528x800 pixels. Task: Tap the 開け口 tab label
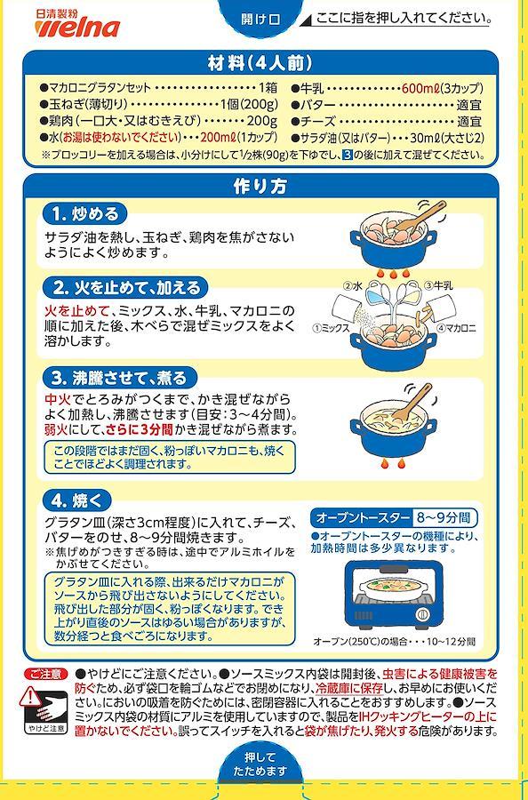click(260, 20)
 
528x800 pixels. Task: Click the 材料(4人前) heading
click(260, 63)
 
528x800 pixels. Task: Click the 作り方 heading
click(260, 187)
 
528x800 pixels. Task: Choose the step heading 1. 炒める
click(84, 213)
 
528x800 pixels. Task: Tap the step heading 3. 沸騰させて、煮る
click(119, 378)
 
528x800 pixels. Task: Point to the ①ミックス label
click(332, 329)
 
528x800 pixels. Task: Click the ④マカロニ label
click(457, 329)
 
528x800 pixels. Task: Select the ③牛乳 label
click(439, 286)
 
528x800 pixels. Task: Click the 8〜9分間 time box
click(444, 518)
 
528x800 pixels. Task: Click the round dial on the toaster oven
click(422, 614)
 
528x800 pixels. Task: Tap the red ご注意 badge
click(46, 675)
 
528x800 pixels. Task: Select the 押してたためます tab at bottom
click(260, 764)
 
